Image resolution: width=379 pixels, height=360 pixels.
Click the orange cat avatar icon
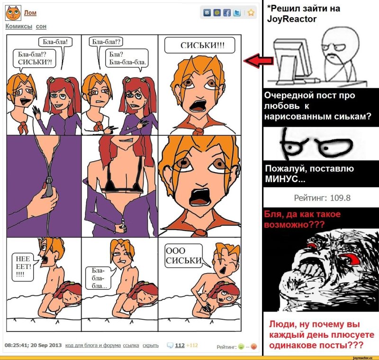[x=13, y=13]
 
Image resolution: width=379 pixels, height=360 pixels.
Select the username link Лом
[x=30, y=13]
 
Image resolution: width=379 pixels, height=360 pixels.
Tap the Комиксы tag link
[x=19, y=26]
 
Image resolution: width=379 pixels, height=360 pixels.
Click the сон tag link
[x=41, y=26]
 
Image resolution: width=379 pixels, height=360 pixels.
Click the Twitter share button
[x=236, y=13]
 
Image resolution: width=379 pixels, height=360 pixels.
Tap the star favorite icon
[x=251, y=13]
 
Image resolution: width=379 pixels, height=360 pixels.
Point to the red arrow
[x=258, y=60]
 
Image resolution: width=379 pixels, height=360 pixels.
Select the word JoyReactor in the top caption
[x=291, y=19]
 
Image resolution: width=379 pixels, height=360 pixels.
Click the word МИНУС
[x=282, y=179]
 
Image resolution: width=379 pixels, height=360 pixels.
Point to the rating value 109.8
[x=340, y=198]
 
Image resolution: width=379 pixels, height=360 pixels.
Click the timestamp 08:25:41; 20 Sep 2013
[x=33, y=345]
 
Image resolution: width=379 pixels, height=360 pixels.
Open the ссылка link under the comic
[x=131, y=345]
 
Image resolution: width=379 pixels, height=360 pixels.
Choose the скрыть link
[x=151, y=345]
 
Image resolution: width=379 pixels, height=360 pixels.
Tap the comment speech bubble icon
[x=170, y=345]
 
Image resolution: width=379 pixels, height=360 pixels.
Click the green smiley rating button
[x=241, y=346]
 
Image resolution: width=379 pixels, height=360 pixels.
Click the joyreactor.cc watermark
[x=362, y=358]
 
